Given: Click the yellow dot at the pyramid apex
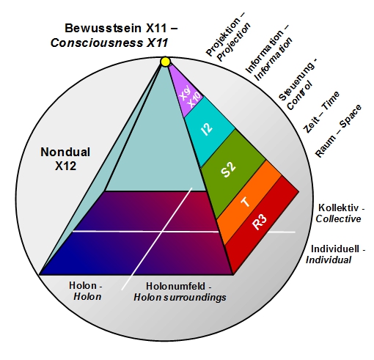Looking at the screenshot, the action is click(x=166, y=62).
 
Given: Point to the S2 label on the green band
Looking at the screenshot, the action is click(x=228, y=169).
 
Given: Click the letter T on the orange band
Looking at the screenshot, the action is click(x=246, y=202).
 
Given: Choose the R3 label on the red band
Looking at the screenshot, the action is click(x=260, y=222).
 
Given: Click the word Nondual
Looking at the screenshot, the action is click(x=65, y=152).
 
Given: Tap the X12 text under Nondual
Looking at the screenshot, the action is click(x=65, y=166).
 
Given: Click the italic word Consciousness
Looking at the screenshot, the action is click(x=97, y=43).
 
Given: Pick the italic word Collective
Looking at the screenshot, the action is click(x=338, y=218).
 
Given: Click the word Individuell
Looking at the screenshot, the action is click(x=335, y=249).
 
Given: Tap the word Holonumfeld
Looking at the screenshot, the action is click(x=175, y=286).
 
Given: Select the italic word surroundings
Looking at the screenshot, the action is click(x=195, y=298).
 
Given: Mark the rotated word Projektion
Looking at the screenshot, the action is click(x=223, y=37).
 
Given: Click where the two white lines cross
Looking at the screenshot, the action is click(x=162, y=232).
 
